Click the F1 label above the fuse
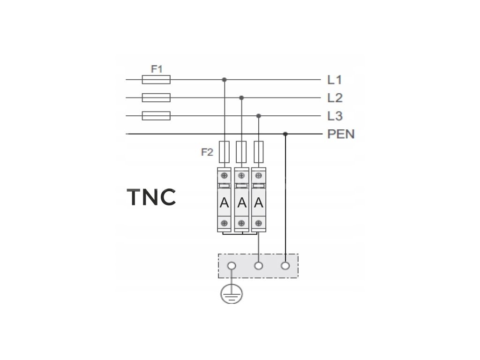click(157, 69)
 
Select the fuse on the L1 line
click(156, 80)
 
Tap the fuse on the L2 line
click(156, 97)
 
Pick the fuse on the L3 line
click(156, 116)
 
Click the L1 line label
click(335, 80)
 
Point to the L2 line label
click(335, 98)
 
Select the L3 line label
click(335, 116)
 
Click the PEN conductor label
click(341, 134)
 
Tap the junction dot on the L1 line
click(225, 80)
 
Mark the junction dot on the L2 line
click(241, 97)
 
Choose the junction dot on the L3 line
click(259, 116)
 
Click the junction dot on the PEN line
click(285, 134)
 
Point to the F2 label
click(207, 152)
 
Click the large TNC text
click(151, 197)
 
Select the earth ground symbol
click(232, 293)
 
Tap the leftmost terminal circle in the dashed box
click(232, 266)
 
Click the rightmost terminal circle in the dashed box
click(285, 266)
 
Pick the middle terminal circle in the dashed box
click(259, 266)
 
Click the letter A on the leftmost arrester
click(225, 202)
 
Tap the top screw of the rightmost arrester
click(259, 176)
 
